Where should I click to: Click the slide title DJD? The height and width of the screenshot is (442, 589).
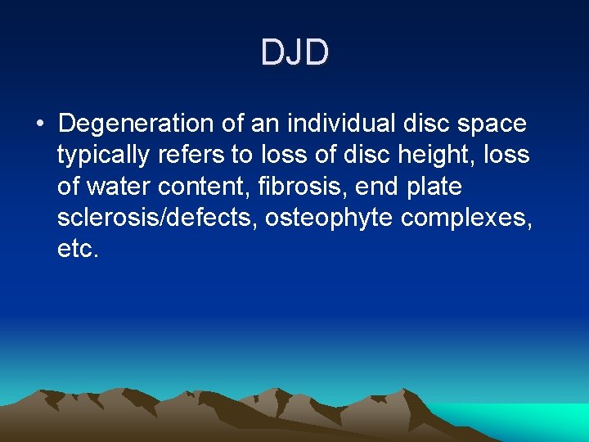pos(294,53)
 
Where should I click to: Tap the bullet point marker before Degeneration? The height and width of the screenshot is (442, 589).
pos(40,125)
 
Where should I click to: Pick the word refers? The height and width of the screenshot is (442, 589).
pos(196,155)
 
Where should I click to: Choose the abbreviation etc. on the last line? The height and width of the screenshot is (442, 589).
pos(78,249)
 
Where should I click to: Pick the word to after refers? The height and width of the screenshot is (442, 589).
pos(242,156)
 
